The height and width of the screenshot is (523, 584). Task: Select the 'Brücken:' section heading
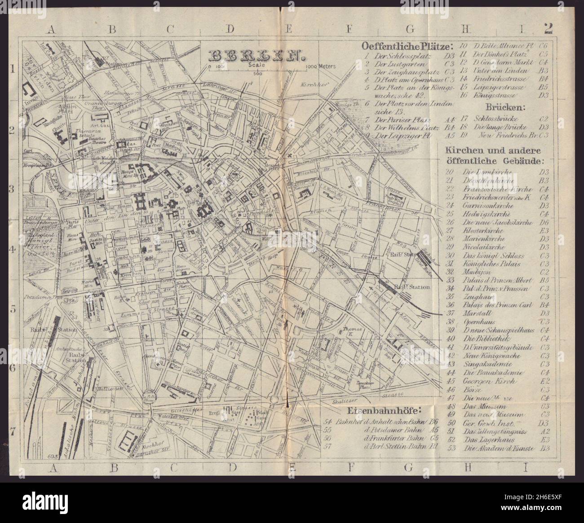pyautogui.click(x=500, y=108)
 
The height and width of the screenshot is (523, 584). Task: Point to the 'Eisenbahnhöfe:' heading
pyautogui.click(x=384, y=411)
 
